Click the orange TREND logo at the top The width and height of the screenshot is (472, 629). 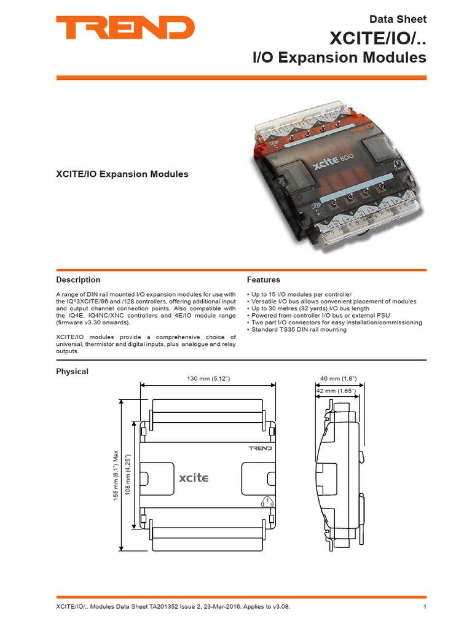click(x=125, y=28)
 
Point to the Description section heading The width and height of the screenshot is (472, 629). click(x=78, y=279)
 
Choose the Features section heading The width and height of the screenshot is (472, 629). click(x=263, y=279)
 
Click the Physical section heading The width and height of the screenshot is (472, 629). click(x=72, y=371)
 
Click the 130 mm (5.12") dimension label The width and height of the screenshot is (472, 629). click(x=209, y=379)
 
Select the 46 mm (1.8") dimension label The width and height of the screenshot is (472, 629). click(x=339, y=379)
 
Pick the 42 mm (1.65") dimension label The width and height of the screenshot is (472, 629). click(x=336, y=390)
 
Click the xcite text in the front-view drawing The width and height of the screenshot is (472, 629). click(x=193, y=477)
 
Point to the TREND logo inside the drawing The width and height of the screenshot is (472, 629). click(x=260, y=449)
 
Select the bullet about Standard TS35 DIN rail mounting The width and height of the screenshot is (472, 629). click(x=296, y=330)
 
